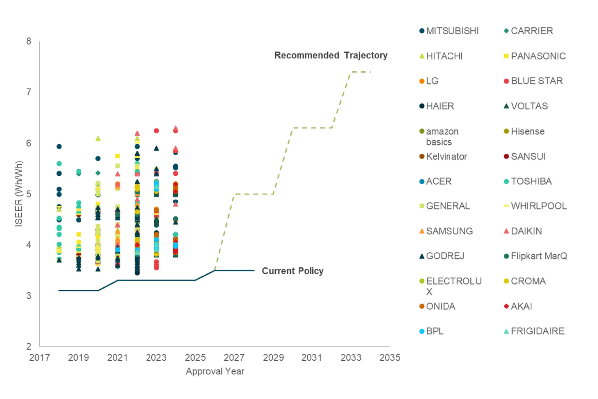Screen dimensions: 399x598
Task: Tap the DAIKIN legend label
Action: point(526,231)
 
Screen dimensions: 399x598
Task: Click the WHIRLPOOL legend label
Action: point(539,206)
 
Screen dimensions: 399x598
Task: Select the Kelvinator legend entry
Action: point(447,156)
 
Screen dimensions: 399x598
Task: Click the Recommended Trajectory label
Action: point(330,55)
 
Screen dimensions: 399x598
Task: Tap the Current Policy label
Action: point(293,271)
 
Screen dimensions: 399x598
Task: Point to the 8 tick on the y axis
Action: point(28,41)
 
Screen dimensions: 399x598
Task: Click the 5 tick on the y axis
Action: point(28,194)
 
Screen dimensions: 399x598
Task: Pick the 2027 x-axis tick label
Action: point(234,358)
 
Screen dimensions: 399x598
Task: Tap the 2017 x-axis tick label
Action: point(39,358)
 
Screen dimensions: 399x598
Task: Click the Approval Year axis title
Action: point(215,371)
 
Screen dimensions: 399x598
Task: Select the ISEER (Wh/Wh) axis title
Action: point(19,194)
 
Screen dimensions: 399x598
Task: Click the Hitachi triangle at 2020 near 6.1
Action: point(98,138)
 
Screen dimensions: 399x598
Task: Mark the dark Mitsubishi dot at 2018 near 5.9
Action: point(59,146)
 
